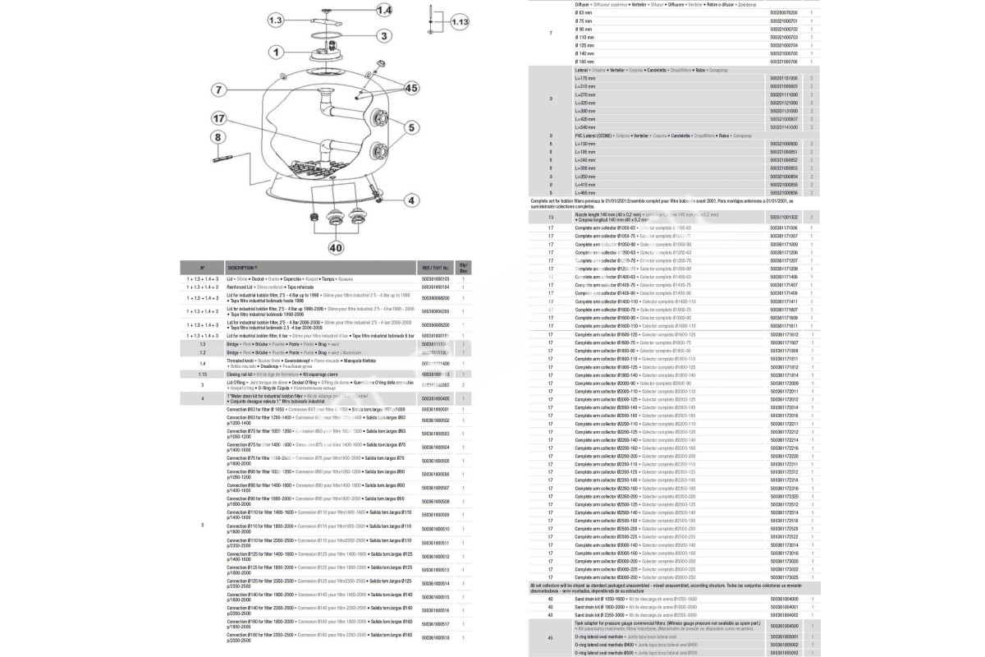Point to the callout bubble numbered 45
(x=410, y=88)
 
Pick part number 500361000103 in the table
(x=435, y=279)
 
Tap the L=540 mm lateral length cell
(x=584, y=127)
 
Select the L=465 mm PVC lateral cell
(x=584, y=192)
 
